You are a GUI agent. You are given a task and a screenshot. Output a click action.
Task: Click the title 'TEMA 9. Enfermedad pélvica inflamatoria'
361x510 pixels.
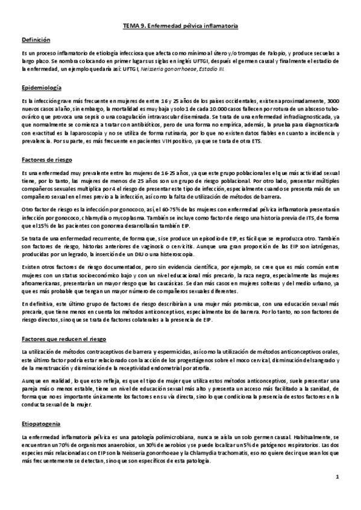180,27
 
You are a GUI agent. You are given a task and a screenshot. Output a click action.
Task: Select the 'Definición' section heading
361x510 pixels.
36,40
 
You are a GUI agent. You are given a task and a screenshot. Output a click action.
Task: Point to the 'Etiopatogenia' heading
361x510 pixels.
40,424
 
